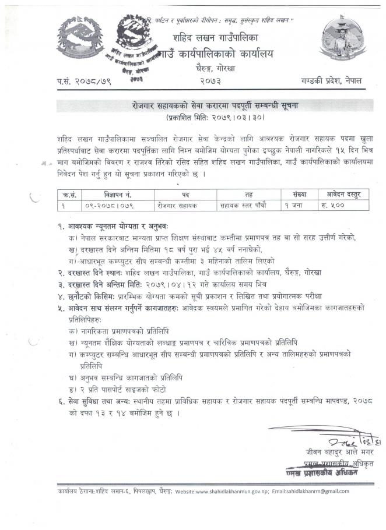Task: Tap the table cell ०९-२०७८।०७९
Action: pos(108,206)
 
